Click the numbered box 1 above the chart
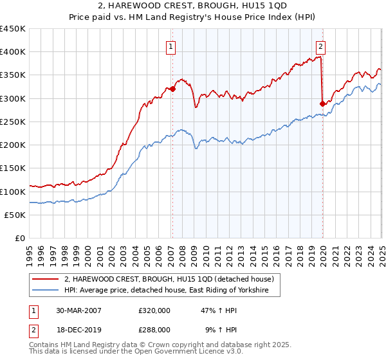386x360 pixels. click(172, 46)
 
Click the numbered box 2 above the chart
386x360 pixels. click(320, 46)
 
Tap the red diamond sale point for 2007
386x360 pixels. click(172, 89)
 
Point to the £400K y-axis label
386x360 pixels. click(13, 52)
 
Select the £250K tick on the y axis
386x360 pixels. click(13, 122)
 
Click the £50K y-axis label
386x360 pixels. click(15, 215)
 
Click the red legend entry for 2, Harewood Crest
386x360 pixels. click(169, 279)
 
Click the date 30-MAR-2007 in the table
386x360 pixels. click(78, 310)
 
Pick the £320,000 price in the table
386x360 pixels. click(154, 310)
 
